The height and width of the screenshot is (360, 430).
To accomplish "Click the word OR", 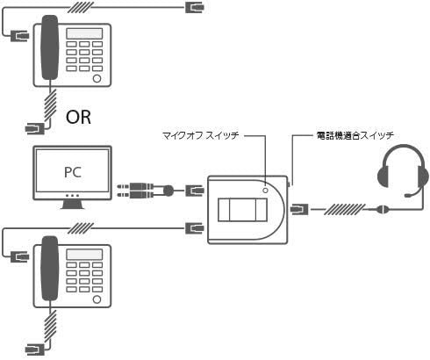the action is (x=78, y=117).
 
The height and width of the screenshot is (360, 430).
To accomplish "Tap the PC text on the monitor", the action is (x=73, y=172).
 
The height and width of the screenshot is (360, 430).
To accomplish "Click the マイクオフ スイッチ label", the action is (x=201, y=135).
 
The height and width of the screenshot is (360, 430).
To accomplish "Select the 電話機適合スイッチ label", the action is (x=355, y=135).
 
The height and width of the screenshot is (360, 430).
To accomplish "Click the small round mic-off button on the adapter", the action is (x=265, y=191).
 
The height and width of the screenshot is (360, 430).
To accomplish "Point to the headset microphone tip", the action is (x=407, y=195).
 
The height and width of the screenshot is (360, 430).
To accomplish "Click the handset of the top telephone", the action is (x=49, y=47).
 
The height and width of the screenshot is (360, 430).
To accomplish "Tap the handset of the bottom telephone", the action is (x=49, y=269).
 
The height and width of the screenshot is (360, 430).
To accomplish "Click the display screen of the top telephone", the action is (x=84, y=33).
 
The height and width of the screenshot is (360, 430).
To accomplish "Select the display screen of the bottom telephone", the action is (x=84, y=255).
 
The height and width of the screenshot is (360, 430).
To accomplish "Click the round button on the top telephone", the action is (x=97, y=78).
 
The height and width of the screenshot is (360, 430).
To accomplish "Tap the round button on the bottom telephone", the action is (x=97, y=299).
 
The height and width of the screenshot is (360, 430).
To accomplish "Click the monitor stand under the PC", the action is (x=72, y=205).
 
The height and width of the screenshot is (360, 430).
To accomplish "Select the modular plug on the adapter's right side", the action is (x=299, y=209).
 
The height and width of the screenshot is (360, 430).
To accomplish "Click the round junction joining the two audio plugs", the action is (x=168, y=191).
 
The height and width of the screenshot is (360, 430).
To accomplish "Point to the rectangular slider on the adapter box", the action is (x=242, y=210).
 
